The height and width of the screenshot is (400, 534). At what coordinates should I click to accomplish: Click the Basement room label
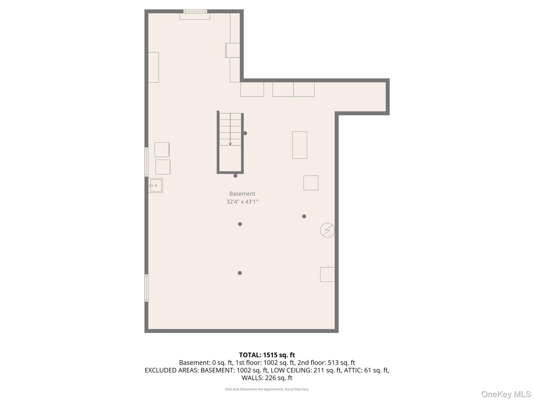coord(242,194)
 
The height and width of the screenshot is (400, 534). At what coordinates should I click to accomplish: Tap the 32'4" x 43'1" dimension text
coord(242,202)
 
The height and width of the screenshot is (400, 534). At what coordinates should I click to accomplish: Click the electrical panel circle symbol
coord(327,230)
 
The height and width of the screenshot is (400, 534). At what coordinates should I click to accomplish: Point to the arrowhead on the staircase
coord(230,144)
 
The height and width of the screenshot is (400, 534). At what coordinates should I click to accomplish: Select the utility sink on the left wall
coord(156,185)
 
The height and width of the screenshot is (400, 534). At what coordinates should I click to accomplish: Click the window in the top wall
coord(195,11)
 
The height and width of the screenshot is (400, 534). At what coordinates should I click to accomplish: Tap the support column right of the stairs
coord(245,133)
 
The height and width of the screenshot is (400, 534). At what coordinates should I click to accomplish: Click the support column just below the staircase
coord(235,176)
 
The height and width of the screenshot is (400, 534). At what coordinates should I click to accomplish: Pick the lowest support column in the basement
coord(240,273)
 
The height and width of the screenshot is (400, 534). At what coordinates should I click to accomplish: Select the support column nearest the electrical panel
coord(304,216)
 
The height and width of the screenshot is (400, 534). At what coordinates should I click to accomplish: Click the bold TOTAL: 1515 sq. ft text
coord(267,355)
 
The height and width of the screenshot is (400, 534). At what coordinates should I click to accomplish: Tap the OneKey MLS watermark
coord(506,394)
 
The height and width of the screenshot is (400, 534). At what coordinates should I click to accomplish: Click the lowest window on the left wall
coord(146,288)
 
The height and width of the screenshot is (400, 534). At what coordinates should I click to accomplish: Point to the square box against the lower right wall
coord(327,274)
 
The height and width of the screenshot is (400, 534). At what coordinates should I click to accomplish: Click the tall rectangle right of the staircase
coord(300,145)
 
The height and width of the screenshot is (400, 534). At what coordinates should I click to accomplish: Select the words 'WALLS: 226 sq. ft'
coord(267,378)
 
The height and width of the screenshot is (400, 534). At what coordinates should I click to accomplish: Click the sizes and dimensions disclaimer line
coord(267,389)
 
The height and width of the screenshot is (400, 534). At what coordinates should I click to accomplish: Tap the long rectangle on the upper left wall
coord(154,67)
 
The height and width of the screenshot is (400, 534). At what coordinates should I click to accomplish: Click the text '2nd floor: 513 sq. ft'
coord(326,363)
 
